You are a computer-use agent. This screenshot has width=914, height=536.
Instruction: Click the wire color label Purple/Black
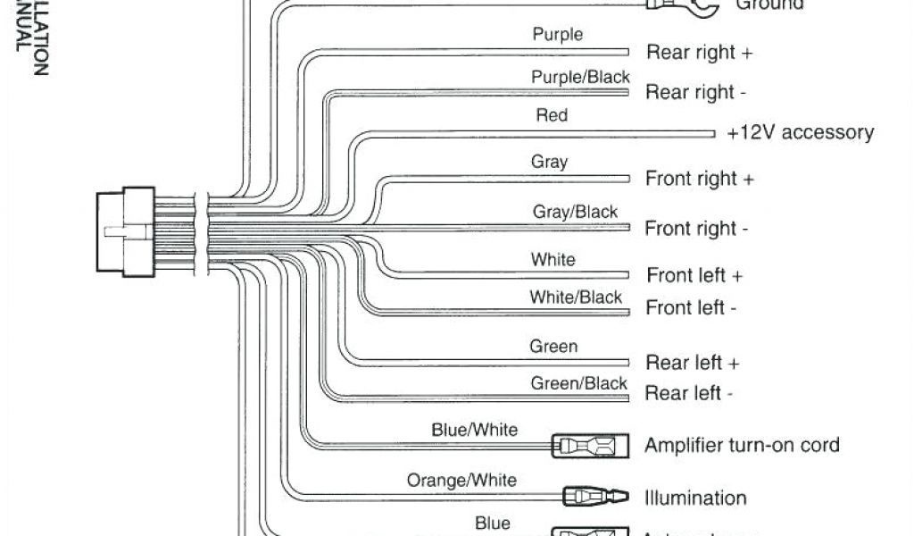580,78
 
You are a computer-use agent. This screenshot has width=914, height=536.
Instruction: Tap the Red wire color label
551,115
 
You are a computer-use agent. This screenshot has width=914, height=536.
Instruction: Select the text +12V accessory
800,133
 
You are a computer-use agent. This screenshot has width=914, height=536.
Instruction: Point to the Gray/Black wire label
575,212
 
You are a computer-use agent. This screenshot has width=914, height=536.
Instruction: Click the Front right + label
699,179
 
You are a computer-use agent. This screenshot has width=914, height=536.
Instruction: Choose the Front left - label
691,308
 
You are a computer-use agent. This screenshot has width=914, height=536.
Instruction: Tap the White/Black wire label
576,297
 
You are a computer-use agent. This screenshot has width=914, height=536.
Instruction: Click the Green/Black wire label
579,383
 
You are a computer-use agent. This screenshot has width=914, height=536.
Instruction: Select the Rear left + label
693,363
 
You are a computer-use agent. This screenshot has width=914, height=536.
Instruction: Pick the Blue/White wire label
474,430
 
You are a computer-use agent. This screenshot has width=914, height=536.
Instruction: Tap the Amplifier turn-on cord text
742,444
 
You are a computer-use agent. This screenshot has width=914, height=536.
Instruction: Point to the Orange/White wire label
461,480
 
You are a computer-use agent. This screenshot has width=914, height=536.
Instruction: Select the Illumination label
695,498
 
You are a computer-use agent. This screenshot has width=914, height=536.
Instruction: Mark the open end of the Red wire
713,133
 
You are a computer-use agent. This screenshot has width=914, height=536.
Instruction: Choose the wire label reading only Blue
493,523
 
